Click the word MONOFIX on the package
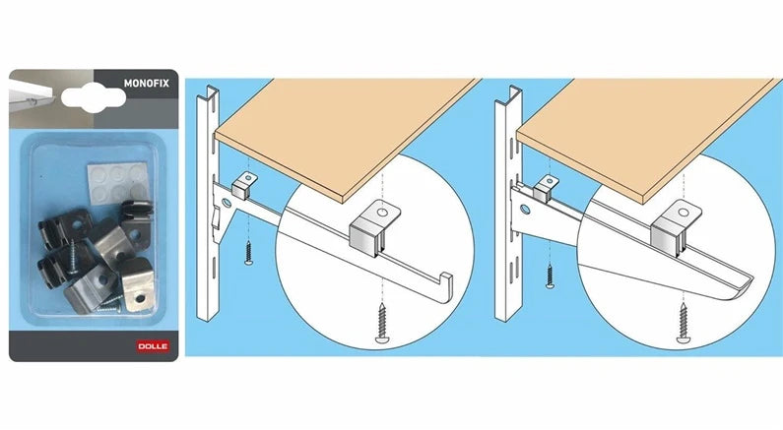pyautogui.click(x=147, y=84)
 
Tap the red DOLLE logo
pyautogui.click(x=153, y=346)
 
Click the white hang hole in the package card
pyautogui.click(x=94, y=97)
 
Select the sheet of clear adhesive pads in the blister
pyautogui.click(x=118, y=181)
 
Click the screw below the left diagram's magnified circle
pyautogui.click(x=382, y=323)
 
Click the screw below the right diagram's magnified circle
pyautogui.click(x=683, y=323)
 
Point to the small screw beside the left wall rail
pyautogui.click(x=248, y=254)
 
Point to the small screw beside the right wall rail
pyautogui.click(x=550, y=276)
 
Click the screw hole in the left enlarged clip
pyautogui.click(x=382, y=213)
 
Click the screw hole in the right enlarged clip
pyautogui.click(x=684, y=213)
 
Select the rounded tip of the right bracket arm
pyautogui.click(x=741, y=290)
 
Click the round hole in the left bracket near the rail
pyautogui.click(x=227, y=203)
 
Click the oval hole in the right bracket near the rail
pyautogui.click(x=525, y=209)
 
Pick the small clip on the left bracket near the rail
pyautogui.click(x=243, y=186)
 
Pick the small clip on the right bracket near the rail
pyautogui.click(x=546, y=189)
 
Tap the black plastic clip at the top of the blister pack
pyautogui.click(x=136, y=212)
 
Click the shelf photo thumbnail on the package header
pyautogui.click(x=51, y=98)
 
